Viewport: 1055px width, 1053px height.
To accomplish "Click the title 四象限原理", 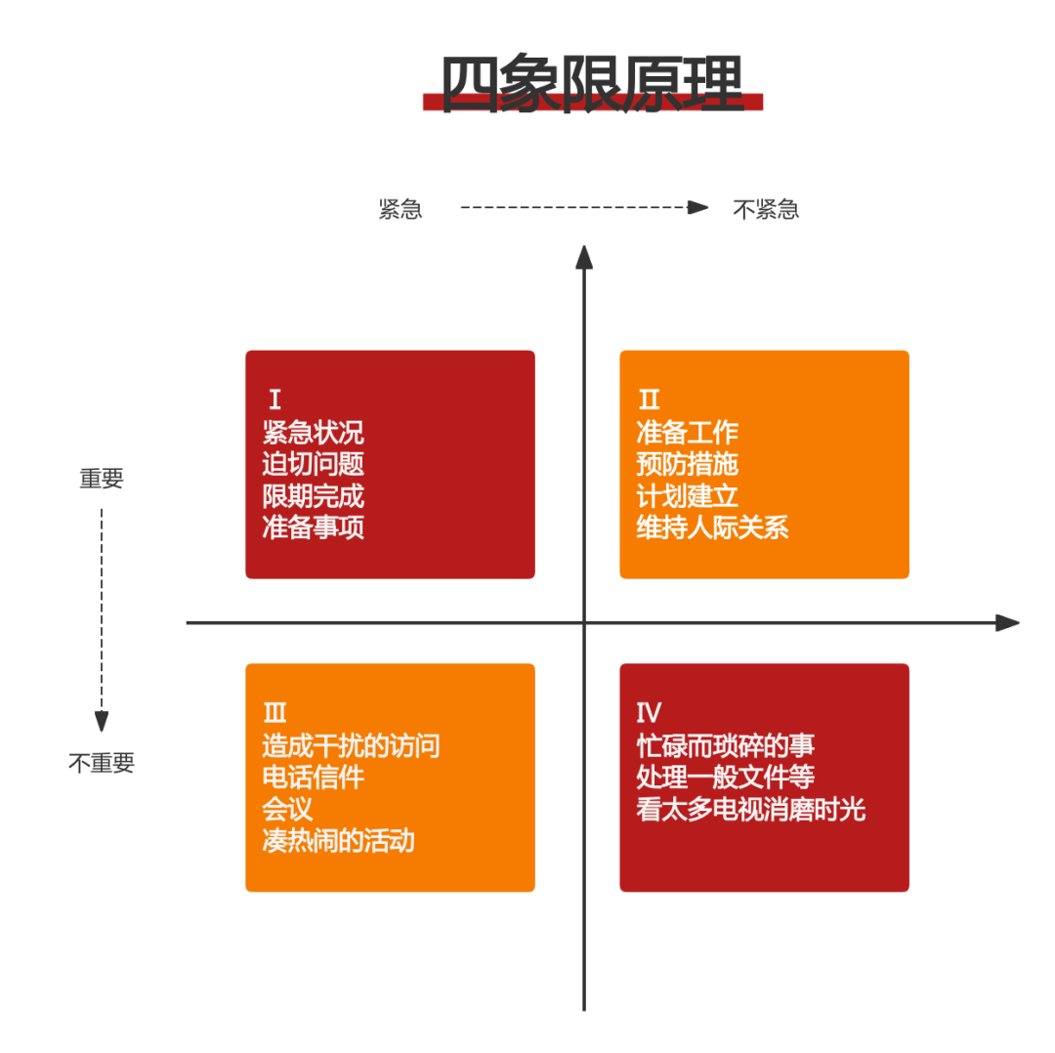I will [592, 84].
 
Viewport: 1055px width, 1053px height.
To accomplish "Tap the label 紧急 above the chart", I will [401, 209].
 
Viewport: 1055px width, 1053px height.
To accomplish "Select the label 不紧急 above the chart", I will [766, 209].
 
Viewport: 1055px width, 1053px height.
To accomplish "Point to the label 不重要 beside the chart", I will [101, 764].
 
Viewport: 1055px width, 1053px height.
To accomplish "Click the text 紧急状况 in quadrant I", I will [313, 433].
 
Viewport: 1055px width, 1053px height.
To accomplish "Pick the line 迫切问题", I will [313, 464].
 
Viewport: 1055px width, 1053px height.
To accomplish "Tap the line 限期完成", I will [313, 496].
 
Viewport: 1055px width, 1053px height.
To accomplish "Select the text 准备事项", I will [313, 527].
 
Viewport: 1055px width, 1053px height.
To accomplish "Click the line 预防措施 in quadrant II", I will [687, 464].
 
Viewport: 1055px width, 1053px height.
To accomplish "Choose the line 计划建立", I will [687, 496].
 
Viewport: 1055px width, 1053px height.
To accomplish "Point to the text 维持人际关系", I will [712, 527].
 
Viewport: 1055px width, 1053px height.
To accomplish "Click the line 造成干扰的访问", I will [351, 746].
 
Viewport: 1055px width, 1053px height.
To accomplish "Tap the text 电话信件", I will [313, 778].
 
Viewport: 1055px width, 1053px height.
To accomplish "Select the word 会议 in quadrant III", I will [287, 809].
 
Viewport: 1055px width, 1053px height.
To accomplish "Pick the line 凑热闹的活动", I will [338, 840].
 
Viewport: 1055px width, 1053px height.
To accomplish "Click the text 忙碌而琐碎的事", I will [725, 746].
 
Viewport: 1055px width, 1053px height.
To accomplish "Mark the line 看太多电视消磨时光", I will [750, 809].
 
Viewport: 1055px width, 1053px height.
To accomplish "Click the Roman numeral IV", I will [649, 713].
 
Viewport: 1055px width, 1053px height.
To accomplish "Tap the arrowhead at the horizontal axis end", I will [1008, 622].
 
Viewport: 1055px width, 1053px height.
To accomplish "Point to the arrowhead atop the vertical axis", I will [584, 256].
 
